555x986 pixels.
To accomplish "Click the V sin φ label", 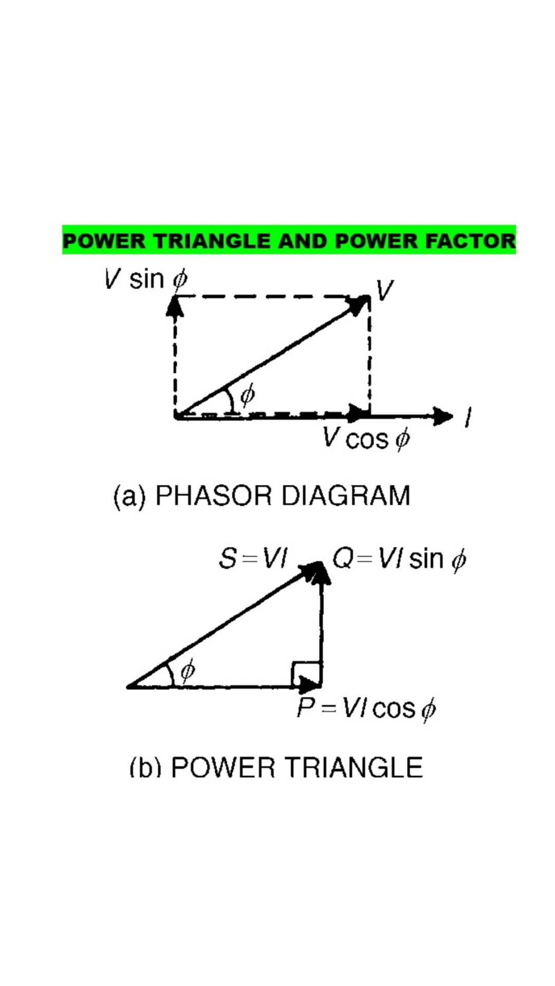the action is [146, 279].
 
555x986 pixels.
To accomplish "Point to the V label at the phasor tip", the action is [384, 290].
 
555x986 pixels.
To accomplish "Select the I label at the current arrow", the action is [468, 416].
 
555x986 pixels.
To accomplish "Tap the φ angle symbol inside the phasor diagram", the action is [248, 394].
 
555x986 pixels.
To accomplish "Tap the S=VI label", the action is [253, 558].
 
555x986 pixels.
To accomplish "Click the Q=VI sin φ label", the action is [399, 559].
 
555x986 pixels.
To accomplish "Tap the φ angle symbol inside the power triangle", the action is [188, 670].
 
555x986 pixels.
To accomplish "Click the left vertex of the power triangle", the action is [128, 686].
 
